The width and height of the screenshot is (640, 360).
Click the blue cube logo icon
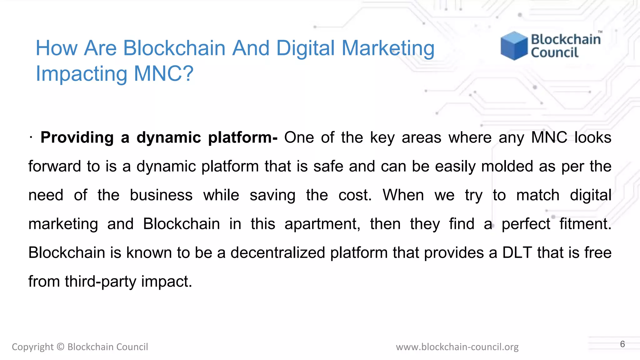[x=514, y=46]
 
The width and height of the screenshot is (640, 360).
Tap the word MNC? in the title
[x=164, y=74]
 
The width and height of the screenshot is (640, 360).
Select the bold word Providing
[x=77, y=137]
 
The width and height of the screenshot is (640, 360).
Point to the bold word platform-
[x=243, y=137]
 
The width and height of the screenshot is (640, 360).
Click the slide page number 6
[x=622, y=344]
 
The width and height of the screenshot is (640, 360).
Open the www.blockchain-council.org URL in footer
[x=457, y=347]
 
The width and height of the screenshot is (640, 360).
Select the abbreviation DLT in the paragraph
[x=517, y=253]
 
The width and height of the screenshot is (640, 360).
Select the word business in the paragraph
[x=161, y=195]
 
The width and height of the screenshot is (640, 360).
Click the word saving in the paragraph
[x=272, y=195]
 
